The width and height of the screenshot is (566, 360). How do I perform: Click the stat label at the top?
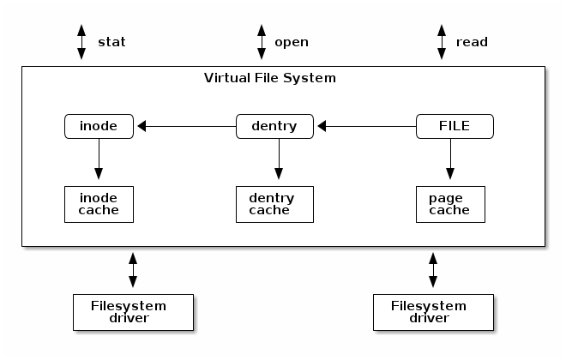(112, 41)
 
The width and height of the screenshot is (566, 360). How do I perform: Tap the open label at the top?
(291, 41)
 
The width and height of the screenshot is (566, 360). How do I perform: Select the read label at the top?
(472, 41)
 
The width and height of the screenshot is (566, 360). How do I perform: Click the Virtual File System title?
(269, 78)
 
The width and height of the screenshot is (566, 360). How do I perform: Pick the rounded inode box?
(99, 127)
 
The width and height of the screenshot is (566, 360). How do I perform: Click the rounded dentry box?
(274, 127)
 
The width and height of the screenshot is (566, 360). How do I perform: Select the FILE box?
(455, 127)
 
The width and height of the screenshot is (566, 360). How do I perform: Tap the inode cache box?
(99, 204)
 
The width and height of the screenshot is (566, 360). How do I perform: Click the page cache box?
(450, 204)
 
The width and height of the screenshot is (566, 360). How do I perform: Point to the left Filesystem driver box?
(133, 312)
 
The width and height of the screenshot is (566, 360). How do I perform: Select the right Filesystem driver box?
(433, 312)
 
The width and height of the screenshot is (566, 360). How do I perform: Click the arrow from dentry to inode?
(186, 127)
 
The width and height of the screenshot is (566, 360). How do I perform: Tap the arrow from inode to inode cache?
(99, 160)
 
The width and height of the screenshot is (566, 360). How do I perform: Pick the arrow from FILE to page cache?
(450, 160)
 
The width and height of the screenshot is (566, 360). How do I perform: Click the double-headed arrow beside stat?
(81, 41)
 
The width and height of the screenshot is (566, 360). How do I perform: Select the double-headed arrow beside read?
(442, 41)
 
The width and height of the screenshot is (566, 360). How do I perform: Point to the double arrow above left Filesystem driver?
(133, 269)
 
